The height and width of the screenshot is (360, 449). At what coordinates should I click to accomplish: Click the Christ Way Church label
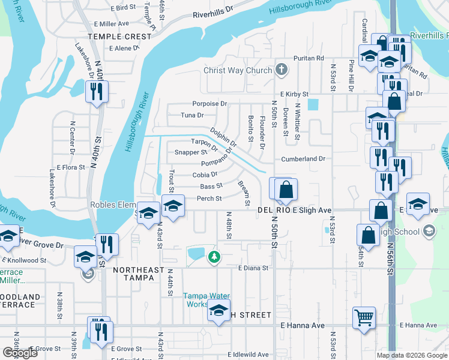(x=238, y=70)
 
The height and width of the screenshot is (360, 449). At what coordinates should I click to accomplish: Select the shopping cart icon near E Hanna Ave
(x=364, y=318)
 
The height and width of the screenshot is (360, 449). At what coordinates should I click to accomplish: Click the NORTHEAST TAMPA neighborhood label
(x=139, y=271)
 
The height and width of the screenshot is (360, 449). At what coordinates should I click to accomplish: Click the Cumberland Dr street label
(x=303, y=159)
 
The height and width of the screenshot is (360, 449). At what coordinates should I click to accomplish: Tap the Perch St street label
(x=210, y=199)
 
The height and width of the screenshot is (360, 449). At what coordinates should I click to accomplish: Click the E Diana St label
(x=252, y=268)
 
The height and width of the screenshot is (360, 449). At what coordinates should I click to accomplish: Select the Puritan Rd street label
(x=309, y=58)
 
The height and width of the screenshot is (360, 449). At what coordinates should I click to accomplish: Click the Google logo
(x=20, y=353)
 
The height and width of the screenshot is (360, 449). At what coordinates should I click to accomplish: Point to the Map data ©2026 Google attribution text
(x=411, y=355)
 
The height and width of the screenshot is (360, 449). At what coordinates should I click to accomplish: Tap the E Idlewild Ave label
(x=248, y=354)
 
